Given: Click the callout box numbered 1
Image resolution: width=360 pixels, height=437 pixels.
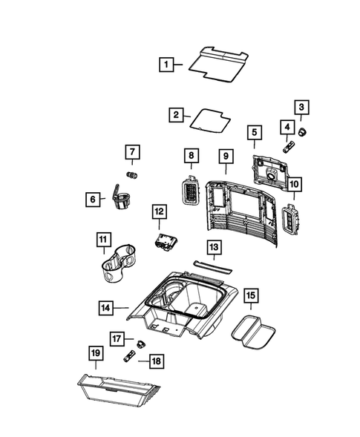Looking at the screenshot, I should click(168, 65).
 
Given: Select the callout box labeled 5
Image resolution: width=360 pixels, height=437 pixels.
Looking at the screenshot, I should click(254, 133).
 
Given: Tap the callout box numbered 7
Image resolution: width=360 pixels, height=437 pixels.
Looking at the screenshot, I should click(131, 154).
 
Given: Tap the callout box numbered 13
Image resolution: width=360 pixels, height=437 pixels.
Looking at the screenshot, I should click(212, 246).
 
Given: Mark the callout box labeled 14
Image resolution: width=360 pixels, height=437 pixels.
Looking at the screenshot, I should click(108, 305).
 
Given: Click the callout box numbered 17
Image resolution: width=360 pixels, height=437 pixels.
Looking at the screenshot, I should click(117, 339).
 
